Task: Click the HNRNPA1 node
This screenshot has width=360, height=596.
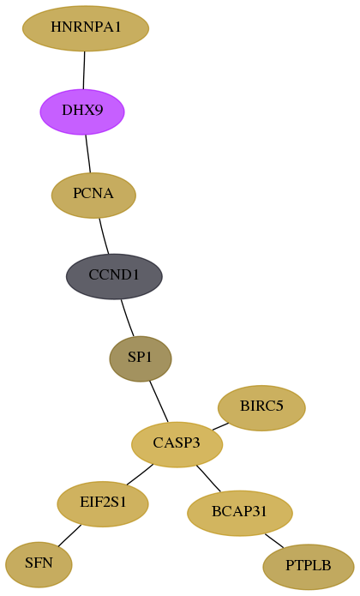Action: coord(86,28)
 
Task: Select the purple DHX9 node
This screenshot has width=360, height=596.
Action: coord(82,111)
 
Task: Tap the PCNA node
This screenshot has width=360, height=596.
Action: coord(93,195)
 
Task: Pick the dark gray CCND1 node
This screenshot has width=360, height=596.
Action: coord(114,276)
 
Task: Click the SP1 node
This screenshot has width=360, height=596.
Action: coord(141,358)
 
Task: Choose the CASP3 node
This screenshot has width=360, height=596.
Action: coord(177,444)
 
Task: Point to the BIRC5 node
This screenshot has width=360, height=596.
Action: coord(261,408)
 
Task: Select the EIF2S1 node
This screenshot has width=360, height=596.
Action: coord(103,504)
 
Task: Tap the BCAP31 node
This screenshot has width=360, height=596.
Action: coord(240,513)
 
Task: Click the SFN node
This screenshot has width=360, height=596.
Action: coord(39,564)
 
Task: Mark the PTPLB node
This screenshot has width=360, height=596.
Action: coord(309,567)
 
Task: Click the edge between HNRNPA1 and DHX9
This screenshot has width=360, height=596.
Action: coord(84,70)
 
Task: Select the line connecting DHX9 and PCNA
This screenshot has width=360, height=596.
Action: coord(88,154)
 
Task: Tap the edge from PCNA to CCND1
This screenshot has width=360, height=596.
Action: coord(104,236)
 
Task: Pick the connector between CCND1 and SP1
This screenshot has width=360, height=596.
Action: coord(127,318)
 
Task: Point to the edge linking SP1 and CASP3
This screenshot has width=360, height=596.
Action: coord(159,401)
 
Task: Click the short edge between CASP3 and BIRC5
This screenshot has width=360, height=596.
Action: coord(220,426)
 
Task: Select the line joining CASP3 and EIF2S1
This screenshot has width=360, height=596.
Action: coord(140,474)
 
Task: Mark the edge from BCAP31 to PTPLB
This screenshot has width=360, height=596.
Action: coord(274,541)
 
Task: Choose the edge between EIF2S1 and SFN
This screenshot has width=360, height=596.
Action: coord(69,536)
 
